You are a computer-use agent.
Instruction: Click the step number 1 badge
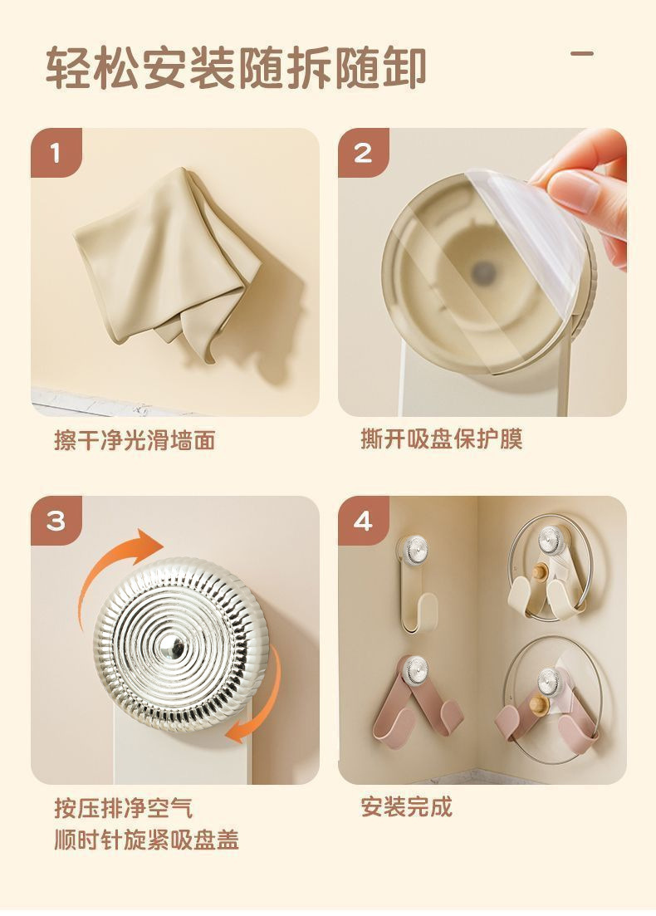56,153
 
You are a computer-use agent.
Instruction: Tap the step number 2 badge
364,153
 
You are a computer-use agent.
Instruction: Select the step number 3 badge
56,521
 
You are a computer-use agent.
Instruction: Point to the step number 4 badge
364,521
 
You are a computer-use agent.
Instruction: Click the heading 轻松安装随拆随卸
235,68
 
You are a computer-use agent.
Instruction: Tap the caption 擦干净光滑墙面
135,440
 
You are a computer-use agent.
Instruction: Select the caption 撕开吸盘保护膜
442,438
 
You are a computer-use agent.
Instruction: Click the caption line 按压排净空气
123,809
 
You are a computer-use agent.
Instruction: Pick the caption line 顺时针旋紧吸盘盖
147,840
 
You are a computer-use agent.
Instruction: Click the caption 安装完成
407,806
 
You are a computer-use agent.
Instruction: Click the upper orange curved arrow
118,571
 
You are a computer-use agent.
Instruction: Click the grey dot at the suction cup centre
483,271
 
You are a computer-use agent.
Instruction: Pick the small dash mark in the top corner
582,54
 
